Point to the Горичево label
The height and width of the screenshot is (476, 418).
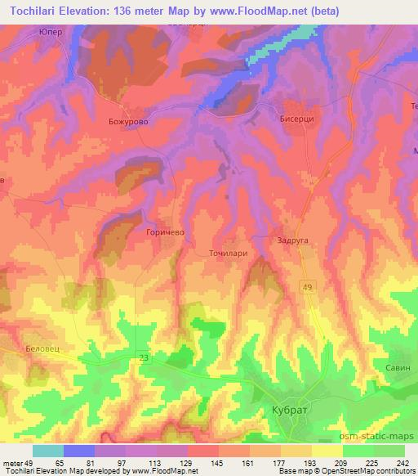pos(167,232)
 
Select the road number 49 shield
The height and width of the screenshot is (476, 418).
pos(307,285)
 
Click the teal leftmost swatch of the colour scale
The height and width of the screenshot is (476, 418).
pos(47,451)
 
